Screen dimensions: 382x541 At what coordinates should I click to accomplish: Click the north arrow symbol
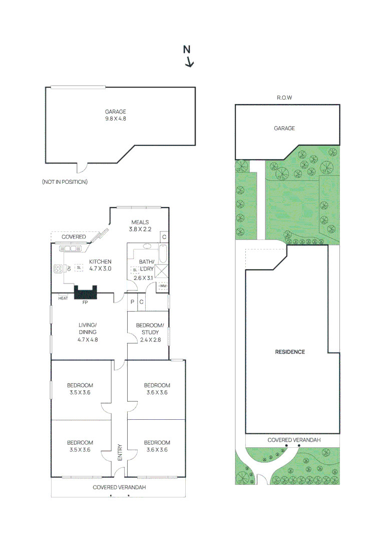pyautogui.click(x=188, y=56)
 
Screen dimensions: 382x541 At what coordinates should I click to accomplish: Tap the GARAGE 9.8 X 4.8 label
pyautogui.click(x=116, y=115)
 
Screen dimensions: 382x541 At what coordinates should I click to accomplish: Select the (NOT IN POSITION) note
pyautogui.click(x=65, y=182)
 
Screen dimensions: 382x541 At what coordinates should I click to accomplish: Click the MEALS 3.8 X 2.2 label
pyautogui.click(x=140, y=225)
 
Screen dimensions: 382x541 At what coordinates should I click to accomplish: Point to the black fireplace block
pyautogui.click(x=86, y=293)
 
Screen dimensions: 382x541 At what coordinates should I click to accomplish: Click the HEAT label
pyautogui.click(x=63, y=298)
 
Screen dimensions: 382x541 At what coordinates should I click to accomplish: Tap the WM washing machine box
pyautogui.click(x=163, y=286)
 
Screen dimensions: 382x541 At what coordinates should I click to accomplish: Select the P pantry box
pyautogui.click(x=132, y=302)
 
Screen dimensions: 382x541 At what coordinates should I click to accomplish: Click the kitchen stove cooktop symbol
pyautogui.click(x=58, y=269)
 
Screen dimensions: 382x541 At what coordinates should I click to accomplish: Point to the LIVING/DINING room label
pyautogui.click(x=88, y=332)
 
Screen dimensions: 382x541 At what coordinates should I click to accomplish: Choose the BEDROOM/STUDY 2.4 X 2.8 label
pyautogui.click(x=150, y=332)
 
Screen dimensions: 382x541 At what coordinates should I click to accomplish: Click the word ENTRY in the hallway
pyautogui.click(x=120, y=452)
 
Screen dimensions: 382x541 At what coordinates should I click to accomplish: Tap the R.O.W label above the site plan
pyautogui.click(x=284, y=98)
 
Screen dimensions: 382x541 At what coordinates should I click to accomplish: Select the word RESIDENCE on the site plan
pyautogui.click(x=290, y=352)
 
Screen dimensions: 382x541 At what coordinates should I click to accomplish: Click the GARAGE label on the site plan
pyautogui.click(x=284, y=128)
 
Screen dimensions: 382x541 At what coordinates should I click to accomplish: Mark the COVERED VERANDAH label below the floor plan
pyautogui.click(x=119, y=487)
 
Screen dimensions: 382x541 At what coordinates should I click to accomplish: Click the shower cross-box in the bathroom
pyautogui.click(x=161, y=271)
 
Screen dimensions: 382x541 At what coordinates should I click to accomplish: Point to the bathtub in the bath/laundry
pyautogui.click(x=163, y=254)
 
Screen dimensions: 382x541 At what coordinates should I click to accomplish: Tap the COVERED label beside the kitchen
pyautogui.click(x=74, y=236)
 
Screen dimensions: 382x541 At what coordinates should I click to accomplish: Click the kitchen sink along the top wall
pyautogui.click(x=70, y=248)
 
